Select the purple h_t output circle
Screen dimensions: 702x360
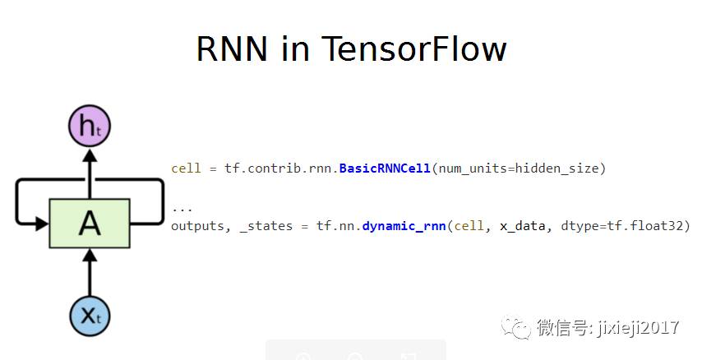[89, 128]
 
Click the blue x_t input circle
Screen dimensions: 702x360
[89, 315]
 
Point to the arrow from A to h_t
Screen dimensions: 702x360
[89, 173]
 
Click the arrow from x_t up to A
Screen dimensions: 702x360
[89, 271]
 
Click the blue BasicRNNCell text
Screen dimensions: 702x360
[385, 168]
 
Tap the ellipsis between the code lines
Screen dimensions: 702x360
[182, 209]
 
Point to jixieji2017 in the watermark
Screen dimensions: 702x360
[638, 328]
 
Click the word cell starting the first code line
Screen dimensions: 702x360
[186, 168]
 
